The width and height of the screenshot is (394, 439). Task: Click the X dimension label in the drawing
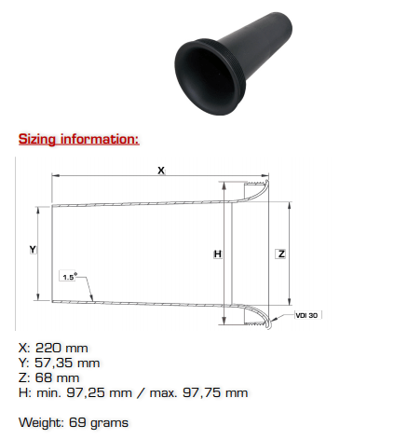pos(161,171)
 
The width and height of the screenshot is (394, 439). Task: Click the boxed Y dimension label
pos(33,249)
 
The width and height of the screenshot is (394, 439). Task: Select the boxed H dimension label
pos(218,254)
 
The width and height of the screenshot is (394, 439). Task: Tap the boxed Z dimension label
pos(281,254)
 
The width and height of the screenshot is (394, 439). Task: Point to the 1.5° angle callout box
pos(68,276)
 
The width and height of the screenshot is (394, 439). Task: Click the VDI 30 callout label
pos(307,315)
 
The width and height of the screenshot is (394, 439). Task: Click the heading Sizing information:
pos(79,139)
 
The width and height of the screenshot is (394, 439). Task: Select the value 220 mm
pos(61,348)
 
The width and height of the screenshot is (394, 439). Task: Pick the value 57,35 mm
pos(67,363)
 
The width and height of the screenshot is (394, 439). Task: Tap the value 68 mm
pos(57,377)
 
